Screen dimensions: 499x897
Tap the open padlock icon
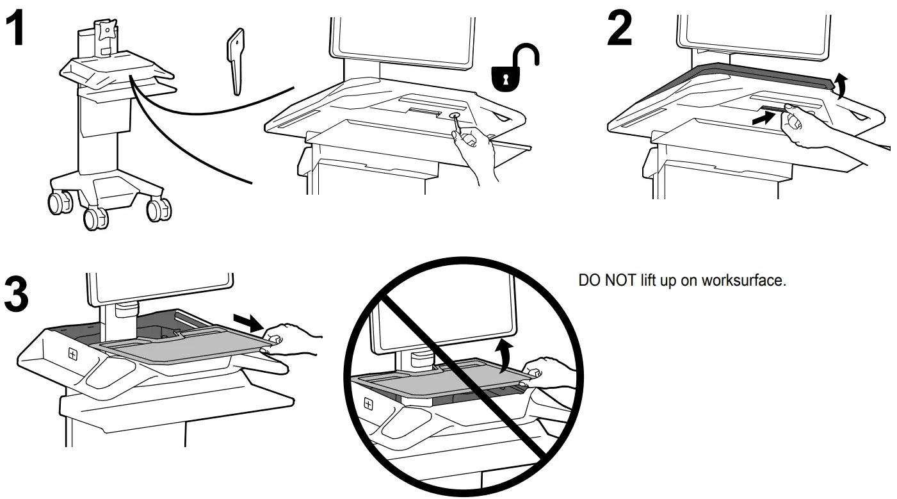[513, 67]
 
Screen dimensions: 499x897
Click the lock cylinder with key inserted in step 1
[455, 116]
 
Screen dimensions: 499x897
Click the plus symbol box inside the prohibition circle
[369, 404]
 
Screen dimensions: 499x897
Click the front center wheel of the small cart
[96, 218]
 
